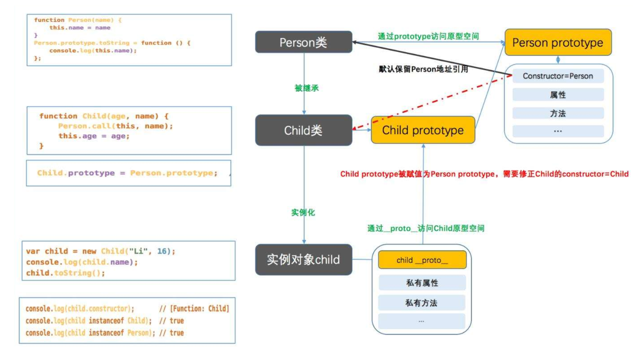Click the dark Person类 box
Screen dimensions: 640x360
click(x=304, y=42)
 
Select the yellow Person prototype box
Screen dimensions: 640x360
click(x=558, y=42)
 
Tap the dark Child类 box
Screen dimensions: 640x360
click(x=304, y=130)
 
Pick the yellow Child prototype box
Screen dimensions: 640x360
click(x=423, y=130)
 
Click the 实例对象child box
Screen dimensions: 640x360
click(x=304, y=260)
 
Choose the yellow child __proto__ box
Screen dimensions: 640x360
click(x=422, y=260)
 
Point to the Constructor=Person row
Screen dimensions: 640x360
click(x=558, y=76)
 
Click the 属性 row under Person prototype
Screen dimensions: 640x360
click(x=558, y=95)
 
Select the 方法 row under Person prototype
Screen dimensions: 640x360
click(x=558, y=114)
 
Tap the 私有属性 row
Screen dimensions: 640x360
click(x=422, y=283)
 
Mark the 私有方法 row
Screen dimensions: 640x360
click(x=422, y=303)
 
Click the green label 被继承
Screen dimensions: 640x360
click(x=307, y=88)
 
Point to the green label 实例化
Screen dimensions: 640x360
click(x=303, y=212)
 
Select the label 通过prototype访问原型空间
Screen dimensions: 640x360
click(x=428, y=36)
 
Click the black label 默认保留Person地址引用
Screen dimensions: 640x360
click(x=423, y=69)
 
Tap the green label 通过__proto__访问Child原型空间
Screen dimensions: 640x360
click(x=426, y=229)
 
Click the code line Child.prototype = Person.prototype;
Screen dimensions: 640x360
click(x=127, y=173)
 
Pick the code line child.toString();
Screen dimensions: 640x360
click(x=65, y=273)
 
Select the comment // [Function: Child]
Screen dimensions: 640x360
click(x=194, y=309)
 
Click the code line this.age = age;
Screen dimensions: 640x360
click(x=94, y=136)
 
